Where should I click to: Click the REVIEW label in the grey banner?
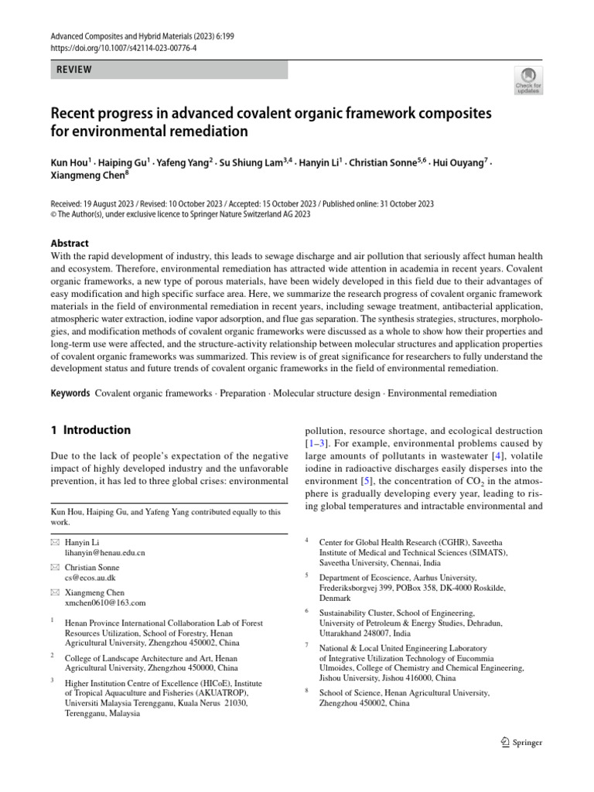coord(74,70)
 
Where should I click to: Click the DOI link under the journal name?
coord(124,46)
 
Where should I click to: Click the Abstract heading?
coord(70,243)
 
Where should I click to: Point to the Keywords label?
coord(70,394)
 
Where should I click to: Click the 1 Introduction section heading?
coord(90,430)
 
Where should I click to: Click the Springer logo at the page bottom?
coord(523,742)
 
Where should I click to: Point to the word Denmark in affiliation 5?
coord(335,598)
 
